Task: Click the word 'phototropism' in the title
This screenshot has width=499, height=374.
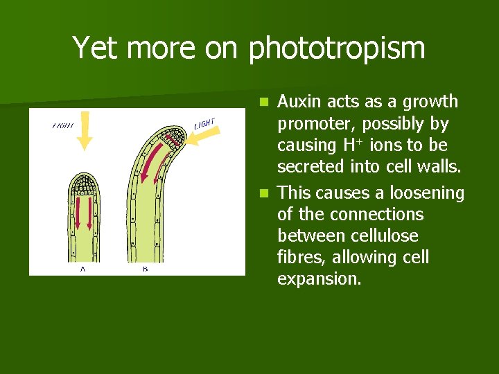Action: [x=337, y=49]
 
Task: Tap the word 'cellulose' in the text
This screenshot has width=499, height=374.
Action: [x=383, y=235]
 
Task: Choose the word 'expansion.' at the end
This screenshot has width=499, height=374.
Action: [x=319, y=279]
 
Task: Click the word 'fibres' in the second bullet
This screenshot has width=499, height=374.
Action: [x=301, y=258]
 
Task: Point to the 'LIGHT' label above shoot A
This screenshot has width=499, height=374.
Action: [x=64, y=126]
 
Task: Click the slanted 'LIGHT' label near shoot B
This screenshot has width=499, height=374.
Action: [x=204, y=123]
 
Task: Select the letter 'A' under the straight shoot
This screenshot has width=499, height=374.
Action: [x=84, y=270]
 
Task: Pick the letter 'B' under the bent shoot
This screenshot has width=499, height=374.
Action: [x=146, y=270]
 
